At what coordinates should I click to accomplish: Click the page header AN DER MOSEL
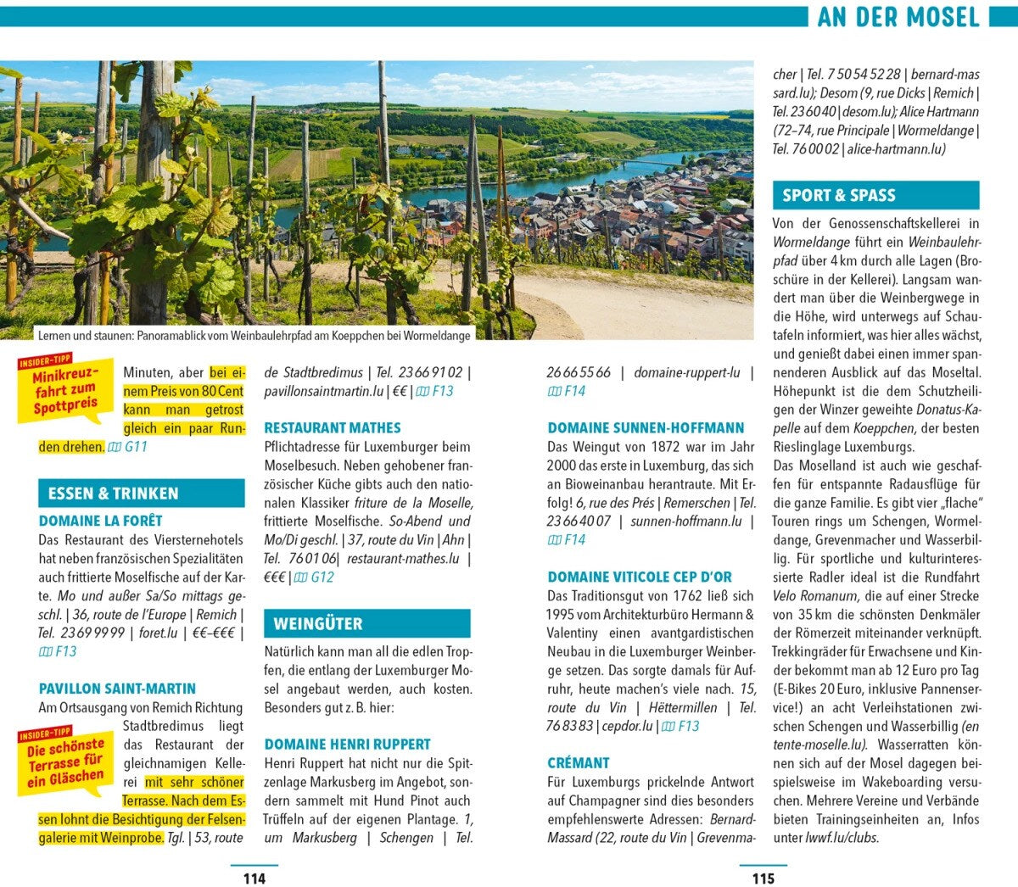pos(898,17)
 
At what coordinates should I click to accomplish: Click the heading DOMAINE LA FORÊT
pos(100,521)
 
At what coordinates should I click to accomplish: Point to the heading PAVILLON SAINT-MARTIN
pos(117,689)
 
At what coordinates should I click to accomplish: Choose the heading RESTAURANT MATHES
pos(333,428)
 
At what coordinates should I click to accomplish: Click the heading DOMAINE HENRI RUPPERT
pos(347,745)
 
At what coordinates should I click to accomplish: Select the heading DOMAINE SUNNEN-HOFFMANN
pos(646,428)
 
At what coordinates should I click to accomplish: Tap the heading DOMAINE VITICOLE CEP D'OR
pos(640,577)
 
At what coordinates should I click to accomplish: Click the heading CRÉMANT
pos(579,763)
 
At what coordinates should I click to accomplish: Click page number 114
pos(254,878)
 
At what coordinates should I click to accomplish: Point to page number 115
pos(763,878)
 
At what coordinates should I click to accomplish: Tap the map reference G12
pos(315,577)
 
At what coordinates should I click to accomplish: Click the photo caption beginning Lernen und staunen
pos(254,336)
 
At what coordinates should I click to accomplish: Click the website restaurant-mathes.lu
pos(403,559)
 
